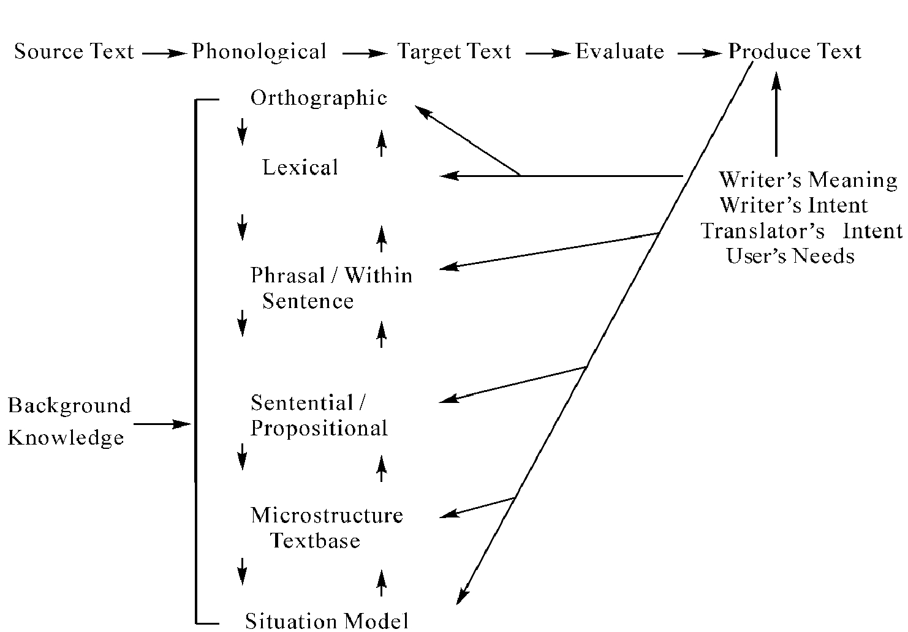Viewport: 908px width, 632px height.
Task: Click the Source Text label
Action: pos(74,51)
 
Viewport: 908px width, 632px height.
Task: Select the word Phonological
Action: pos(259,52)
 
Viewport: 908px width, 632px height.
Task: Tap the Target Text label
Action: pos(454,51)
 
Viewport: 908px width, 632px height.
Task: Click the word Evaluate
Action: pos(619,51)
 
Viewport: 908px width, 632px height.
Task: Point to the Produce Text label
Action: pos(795,51)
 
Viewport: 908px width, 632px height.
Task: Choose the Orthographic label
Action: pos(319,99)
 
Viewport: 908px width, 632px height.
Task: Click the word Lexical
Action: pos(300,167)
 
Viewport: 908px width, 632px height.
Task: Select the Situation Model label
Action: pos(327,621)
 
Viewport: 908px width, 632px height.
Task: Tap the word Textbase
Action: pos(315,541)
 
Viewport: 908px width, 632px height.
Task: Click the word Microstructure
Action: pos(327,515)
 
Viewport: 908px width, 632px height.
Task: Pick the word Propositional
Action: pos(319,428)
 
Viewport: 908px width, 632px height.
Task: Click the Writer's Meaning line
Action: pos(808,180)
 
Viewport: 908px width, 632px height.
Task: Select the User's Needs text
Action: pos(790,255)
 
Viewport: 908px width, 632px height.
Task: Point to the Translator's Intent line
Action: pos(801,231)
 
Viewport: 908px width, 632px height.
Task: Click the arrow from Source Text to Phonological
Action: pos(164,53)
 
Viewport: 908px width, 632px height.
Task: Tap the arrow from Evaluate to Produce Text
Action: pos(700,53)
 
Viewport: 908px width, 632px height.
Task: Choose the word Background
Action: pos(69,406)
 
